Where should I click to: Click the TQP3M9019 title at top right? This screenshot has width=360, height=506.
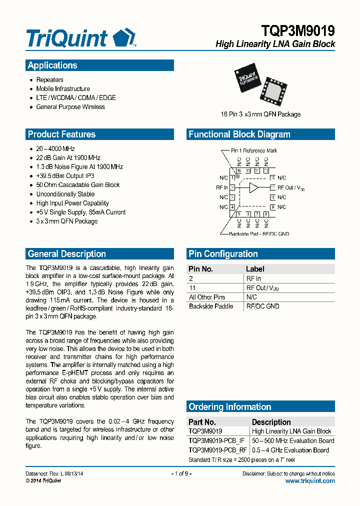tap(298, 31)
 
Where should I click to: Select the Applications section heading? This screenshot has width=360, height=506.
tap(52, 65)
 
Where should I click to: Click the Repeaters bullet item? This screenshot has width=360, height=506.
tap(49, 80)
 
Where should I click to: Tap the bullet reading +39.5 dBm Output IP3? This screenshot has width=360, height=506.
tap(65, 176)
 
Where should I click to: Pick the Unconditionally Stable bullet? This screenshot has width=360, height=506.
tap(65, 194)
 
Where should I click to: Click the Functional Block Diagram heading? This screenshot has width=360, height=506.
tap(239, 134)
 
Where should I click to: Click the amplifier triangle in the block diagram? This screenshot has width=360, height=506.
tap(254, 187)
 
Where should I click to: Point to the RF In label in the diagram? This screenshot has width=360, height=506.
tap(221, 187)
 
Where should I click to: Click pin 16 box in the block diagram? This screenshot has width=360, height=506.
tap(239, 171)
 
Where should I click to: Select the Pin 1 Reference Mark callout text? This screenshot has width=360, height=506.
tap(253, 150)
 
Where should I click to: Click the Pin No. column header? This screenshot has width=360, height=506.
tap(201, 269)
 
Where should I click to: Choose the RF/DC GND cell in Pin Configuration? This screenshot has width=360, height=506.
tap(262, 306)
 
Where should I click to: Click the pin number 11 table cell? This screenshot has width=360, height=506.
tap(191, 288)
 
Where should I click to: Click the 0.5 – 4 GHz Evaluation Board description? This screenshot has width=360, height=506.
tap(290, 450)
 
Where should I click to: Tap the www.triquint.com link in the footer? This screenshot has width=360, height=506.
tap(310, 481)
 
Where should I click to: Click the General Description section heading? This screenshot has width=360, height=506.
tap(66, 254)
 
